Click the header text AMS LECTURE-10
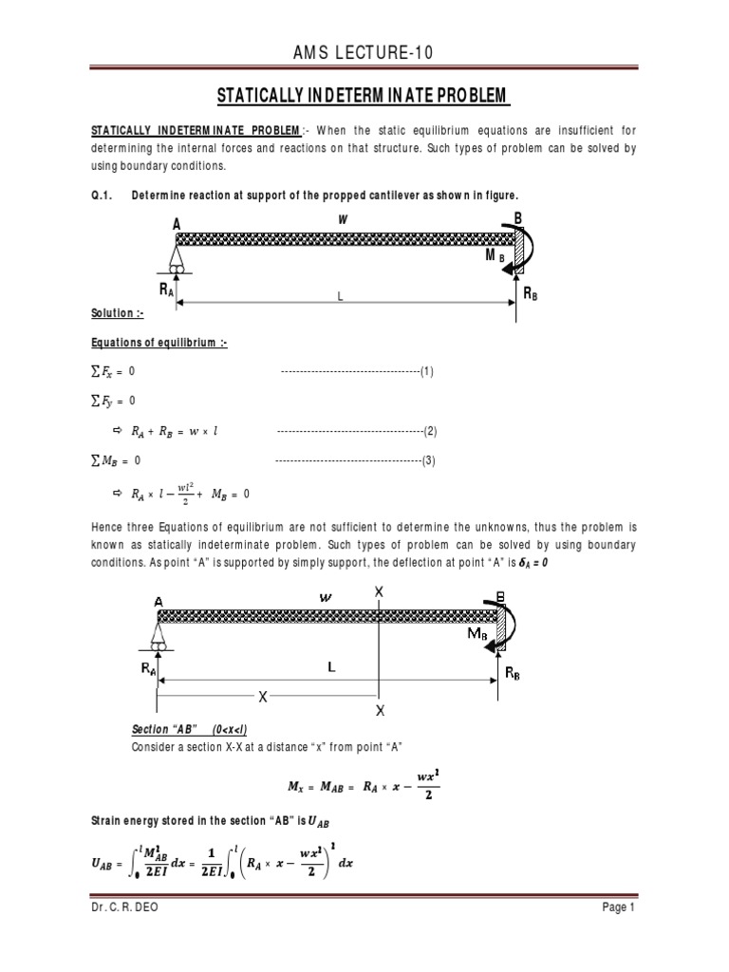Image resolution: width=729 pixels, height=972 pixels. [x=364, y=54]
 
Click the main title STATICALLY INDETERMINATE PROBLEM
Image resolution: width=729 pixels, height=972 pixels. [x=364, y=97]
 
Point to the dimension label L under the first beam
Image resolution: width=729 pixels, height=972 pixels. [x=339, y=297]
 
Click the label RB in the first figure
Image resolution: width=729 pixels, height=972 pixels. [x=530, y=294]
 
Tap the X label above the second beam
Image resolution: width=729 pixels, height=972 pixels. [x=379, y=591]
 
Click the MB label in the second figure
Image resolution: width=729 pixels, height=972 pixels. [x=478, y=633]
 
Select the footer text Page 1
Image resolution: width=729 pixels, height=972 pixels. [x=616, y=935]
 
